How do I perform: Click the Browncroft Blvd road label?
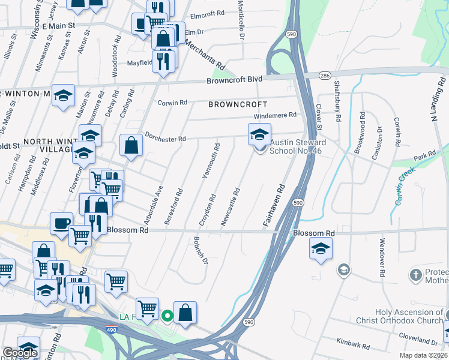point(235,79)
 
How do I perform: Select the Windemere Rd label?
point(276,115)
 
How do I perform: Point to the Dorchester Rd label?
point(165,138)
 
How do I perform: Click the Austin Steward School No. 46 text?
point(298,147)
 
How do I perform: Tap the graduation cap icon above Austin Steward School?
point(259,134)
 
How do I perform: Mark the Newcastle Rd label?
point(231,208)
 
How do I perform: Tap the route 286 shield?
point(325,76)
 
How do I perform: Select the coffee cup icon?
point(61,223)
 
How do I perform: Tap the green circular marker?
point(167,314)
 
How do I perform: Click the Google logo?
point(20,353)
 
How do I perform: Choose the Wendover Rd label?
point(381,257)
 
